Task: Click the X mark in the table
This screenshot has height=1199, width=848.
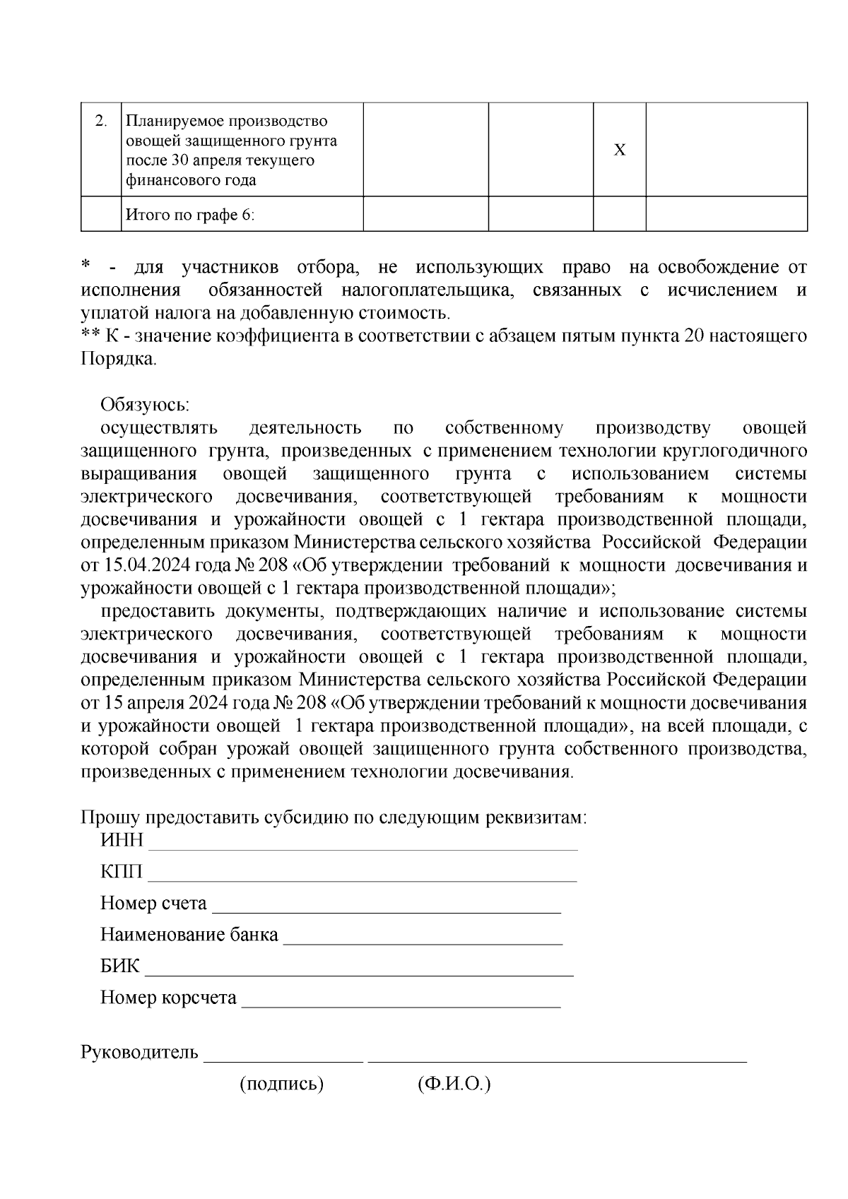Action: coord(619,150)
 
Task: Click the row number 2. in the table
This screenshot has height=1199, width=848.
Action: coord(101,122)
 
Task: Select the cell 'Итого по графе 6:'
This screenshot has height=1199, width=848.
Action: coord(189,215)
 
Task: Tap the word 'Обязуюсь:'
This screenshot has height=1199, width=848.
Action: coord(145,405)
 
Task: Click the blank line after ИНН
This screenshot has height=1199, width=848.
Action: coord(363,846)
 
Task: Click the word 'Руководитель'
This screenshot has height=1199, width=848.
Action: coord(140,1053)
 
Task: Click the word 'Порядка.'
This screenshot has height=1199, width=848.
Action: coord(119,359)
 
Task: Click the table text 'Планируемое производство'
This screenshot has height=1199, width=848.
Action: coord(226,122)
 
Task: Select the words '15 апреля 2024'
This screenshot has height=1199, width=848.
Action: coord(170,704)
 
